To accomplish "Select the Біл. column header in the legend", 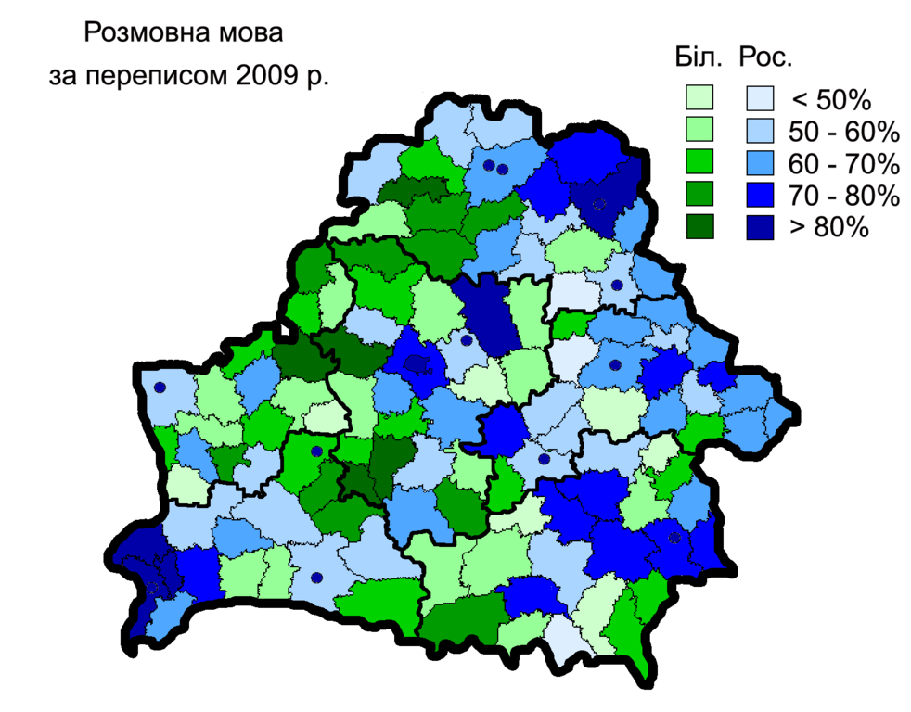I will click(x=699, y=59).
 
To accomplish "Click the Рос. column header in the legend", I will click(x=765, y=59).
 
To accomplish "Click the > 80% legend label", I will click(x=827, y=228).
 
